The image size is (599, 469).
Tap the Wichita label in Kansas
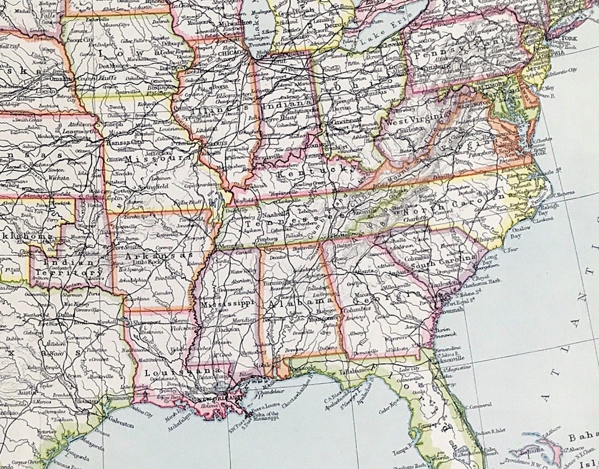coord(58,179)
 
